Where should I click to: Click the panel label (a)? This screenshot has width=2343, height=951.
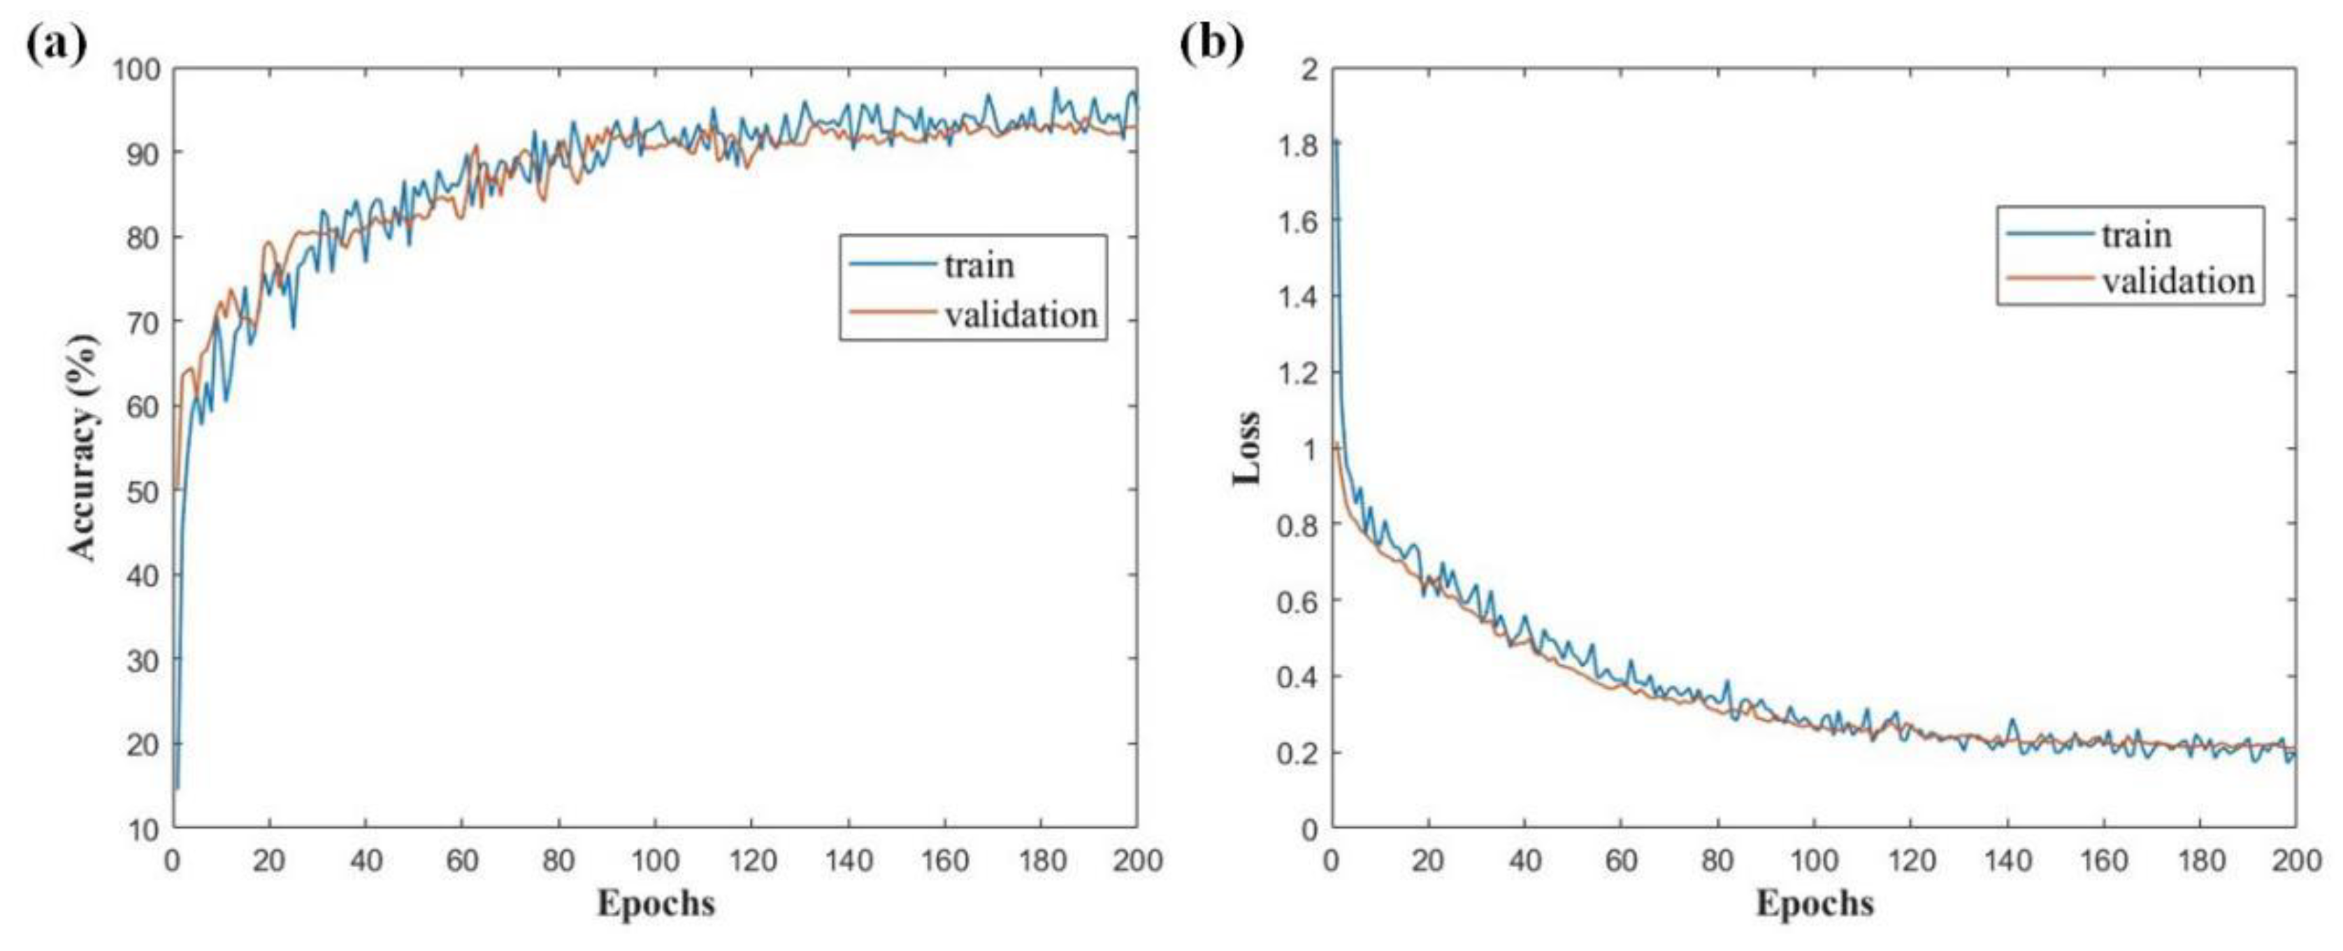pos(57,43)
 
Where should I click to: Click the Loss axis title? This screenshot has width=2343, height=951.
pos(1246,447)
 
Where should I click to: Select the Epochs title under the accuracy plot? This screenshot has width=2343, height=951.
pos(655,903)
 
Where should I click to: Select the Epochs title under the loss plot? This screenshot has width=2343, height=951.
pos(1814,903)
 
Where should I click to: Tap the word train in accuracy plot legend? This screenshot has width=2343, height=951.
pos(979,265)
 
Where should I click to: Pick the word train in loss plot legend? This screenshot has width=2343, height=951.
pos(2137,235)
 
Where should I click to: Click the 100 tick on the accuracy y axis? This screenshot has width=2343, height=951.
pos(136,69)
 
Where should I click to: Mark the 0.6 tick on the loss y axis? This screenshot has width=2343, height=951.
pos(1298,601)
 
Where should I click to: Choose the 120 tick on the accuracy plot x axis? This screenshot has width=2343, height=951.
pos(751,859)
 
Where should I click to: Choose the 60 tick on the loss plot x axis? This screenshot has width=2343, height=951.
pos(1621,859)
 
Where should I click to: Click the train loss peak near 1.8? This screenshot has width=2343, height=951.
pos(1336,142)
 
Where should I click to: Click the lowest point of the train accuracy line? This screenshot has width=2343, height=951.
pos(176,787)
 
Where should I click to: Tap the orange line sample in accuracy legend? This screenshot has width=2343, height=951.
pos(891,314)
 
